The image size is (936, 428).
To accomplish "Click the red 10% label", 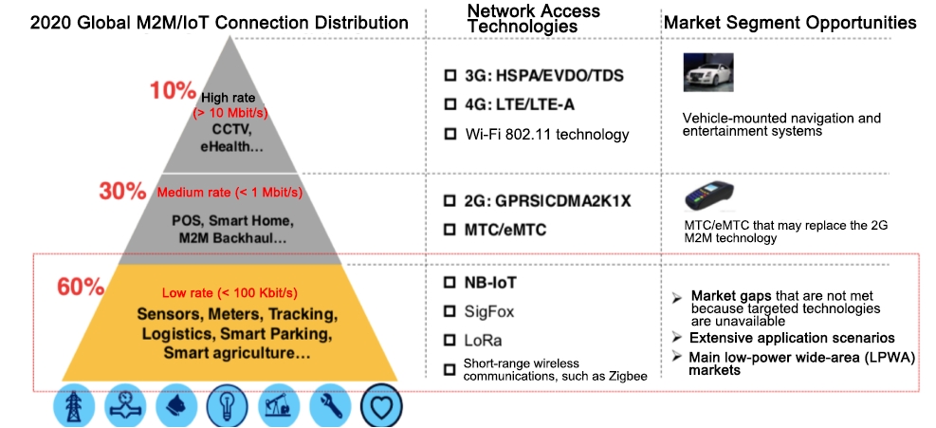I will pyautogui.click(x=172, y=92).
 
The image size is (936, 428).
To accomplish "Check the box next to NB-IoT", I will pyautogui.click(x=450, y=283).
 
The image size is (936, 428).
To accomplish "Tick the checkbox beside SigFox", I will pyautogui.click(x=450, y=311).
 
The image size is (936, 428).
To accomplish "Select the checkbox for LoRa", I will pyautogui.click(x=450, y=340).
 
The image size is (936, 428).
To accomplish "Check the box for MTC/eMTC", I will pyautogui.click(x=450, y=230).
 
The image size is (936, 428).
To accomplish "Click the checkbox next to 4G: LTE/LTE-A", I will pyautogui.click(x=450, y=104).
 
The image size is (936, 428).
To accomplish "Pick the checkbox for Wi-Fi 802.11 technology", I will pyautogui.click(x=450, y=134).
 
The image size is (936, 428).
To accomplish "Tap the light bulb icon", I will pyautogui.click(x=228, y=404).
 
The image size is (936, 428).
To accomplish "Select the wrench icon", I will pyautogui.click(x=329, y=404).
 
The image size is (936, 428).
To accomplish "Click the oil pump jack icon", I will pyautogui.click(x=278, y=404).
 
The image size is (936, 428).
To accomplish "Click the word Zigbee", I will pyautogui.click(x=626, y=377).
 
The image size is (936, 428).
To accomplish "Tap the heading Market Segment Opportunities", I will pyautogui.click(x=789, y=22).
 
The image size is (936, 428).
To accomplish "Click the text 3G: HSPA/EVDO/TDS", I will pyautogui.click(x=544, y=76).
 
